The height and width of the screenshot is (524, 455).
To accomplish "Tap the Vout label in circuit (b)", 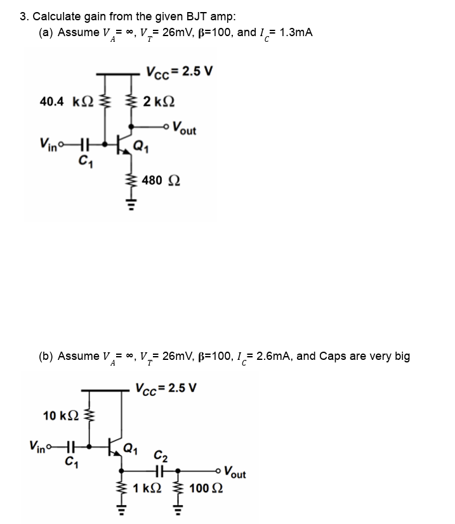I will point(234,473).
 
